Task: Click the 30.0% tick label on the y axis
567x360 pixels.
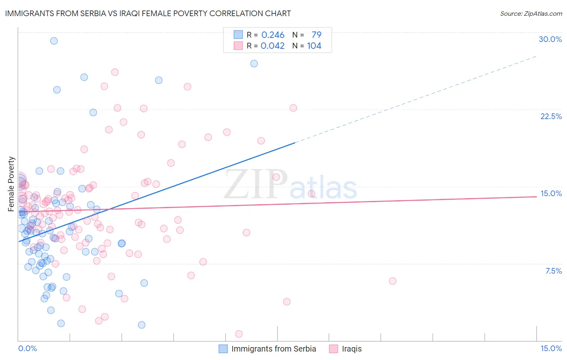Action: (x=550, y=39)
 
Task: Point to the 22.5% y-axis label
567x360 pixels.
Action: (x=551, y=116)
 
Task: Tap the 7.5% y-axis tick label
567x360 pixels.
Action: (x=553, y=271)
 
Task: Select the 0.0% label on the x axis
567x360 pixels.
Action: (x=27, y=348)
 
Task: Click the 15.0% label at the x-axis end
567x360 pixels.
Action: (x=551, y=348)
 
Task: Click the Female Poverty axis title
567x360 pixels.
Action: (x=11, y=184)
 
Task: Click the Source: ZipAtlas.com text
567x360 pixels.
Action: (x=531, y=13)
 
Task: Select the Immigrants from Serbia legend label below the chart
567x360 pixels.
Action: (x=273, y=349)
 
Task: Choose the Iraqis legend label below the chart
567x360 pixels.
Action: (x=352, y=349)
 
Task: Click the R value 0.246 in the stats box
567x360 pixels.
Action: (x=273, y=35)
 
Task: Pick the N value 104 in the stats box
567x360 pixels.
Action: (x=314, y=46)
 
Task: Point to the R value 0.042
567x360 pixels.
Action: (x=273, y=46)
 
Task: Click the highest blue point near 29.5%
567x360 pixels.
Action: (x=54, y=41)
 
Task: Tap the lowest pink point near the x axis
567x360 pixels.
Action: (x=239, y=334)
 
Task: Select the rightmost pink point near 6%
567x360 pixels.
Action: (x=392, y=281)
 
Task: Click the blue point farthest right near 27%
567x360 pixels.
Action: (x=254, y=63)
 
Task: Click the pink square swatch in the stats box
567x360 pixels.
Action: (x=238, y=46)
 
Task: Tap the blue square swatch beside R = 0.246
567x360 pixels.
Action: (x=238, y=35)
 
